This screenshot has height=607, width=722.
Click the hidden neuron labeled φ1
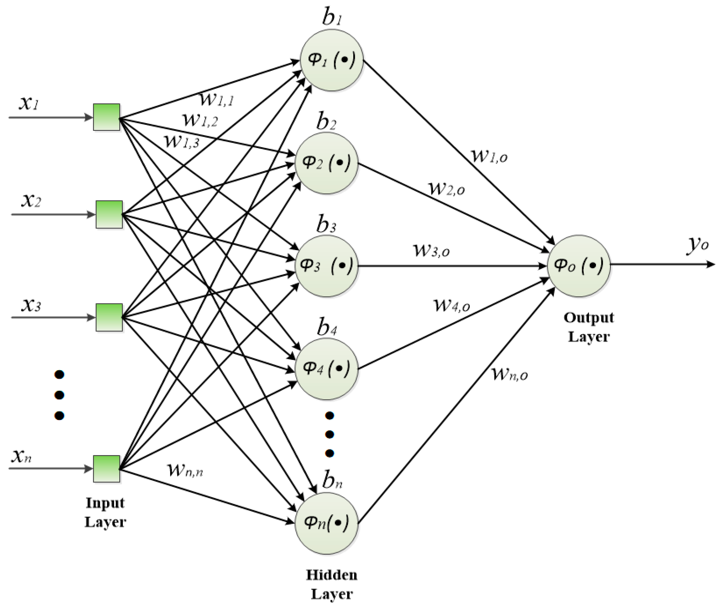tap(332, 60)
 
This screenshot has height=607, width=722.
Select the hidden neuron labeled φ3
tap(326, 266)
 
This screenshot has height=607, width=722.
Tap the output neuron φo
tap(579, 266)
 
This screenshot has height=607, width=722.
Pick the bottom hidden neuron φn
tap(326, 523)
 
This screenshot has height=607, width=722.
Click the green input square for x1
tap(107, 117)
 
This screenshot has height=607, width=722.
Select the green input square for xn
tap(107, 469)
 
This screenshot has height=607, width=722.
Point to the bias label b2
tap(326, 121)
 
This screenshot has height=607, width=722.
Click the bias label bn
tap(332, 480)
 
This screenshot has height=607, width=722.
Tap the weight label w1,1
tap(217, 99)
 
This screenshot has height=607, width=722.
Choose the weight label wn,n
tap(185, 470)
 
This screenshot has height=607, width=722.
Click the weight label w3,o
tap(431, 250)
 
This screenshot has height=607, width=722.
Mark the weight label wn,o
tap(510, 374)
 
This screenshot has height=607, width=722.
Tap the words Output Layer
tap(589, 327)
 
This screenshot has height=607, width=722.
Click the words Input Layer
tap(105, 512)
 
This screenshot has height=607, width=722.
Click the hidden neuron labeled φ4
tap(326, 369)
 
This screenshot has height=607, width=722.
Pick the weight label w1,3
tap(182, 141)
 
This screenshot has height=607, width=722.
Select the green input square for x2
tap(109, 214)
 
